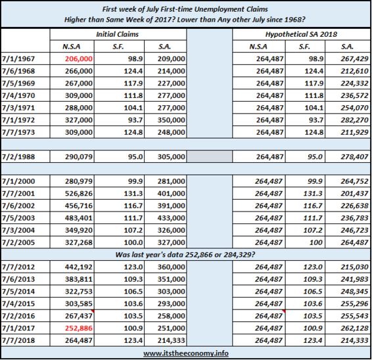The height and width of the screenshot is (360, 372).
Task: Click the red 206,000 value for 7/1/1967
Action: coord(78,59)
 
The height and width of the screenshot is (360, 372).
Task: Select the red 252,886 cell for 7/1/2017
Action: coord(78,328)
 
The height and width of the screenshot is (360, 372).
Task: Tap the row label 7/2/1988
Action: coord(18,157)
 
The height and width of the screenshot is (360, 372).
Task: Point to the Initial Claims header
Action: coord(117,34)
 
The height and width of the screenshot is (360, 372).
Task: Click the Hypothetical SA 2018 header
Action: coord(301,34)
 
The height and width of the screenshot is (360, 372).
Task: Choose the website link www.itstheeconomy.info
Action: coord(186,353)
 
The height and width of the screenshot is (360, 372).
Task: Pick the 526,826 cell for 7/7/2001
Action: coord(78,194)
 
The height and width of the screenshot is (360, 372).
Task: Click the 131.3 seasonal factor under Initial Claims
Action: coord(133,194)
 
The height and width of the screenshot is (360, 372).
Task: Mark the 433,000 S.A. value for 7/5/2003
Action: coord(171,218)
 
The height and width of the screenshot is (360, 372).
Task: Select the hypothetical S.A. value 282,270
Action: coord(354,120)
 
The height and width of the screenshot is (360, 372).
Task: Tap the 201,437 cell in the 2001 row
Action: coord(354,194)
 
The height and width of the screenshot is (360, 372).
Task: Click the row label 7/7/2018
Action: coord(18,340)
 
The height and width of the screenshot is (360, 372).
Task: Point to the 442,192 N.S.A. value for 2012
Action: coord(78,267)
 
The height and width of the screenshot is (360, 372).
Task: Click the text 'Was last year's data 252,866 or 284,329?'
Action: coord(185,255)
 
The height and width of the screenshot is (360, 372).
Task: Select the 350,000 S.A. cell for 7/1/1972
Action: coord(171,120)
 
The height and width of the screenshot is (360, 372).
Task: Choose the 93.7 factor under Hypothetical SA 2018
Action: coord(315,120)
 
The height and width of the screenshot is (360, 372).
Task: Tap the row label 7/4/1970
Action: coord(18,95)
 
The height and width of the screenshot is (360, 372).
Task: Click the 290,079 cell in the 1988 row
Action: coord(78,157)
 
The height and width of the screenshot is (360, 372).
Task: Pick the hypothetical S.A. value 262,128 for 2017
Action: coord(354,328)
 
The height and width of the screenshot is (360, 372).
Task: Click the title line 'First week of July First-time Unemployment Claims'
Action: coord(185,9)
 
